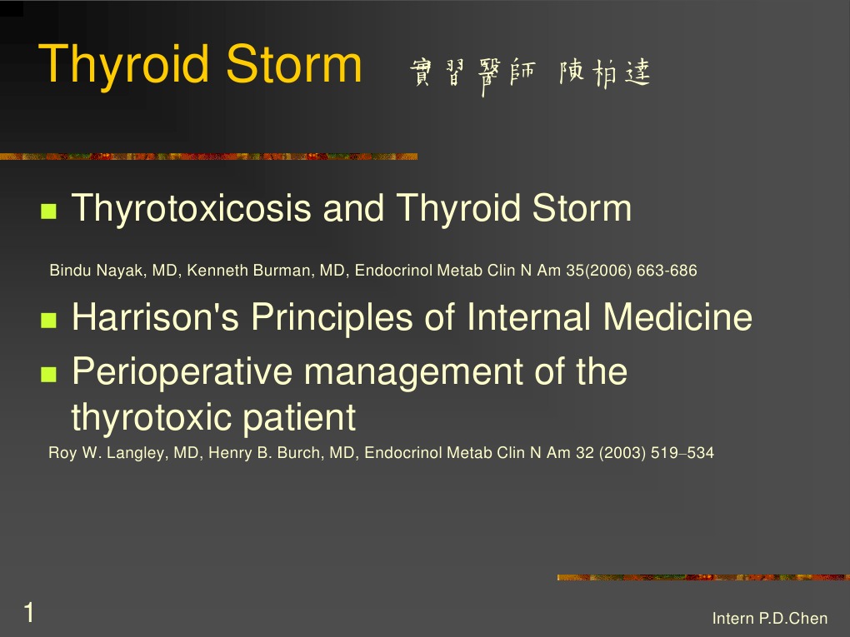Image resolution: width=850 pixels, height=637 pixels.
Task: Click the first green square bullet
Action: coord(47,212)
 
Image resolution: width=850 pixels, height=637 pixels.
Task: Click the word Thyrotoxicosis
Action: coord(192,208)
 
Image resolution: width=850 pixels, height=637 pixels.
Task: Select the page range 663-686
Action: coord(667,271)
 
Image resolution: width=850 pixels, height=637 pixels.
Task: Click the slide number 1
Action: coord(29,614)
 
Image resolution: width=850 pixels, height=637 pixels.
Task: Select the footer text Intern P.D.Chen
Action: coord(770,618)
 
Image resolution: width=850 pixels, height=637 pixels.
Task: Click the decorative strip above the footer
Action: coord(702,577)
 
